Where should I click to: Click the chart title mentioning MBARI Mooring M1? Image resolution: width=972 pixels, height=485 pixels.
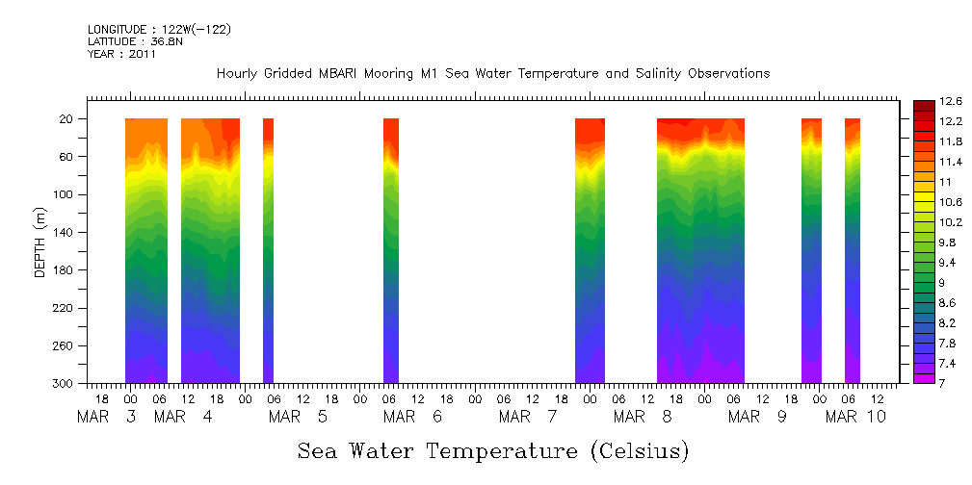[x=492, y=74]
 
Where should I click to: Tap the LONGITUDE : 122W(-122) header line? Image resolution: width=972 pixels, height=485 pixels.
[x=159, y=30]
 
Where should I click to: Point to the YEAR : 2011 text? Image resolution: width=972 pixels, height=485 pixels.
[x=121, y=54]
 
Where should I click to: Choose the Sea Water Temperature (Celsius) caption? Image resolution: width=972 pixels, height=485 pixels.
[x=493, y=450]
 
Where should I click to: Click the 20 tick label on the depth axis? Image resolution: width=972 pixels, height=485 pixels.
[x=67, y=119]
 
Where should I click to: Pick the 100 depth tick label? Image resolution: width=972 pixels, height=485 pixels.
[x=65, y=194]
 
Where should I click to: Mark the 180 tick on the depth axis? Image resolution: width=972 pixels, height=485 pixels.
[x=65, y=270]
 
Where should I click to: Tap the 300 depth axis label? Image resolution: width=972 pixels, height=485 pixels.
[x=65, y=384]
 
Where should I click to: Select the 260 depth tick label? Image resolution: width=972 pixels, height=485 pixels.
[x=65, y=346]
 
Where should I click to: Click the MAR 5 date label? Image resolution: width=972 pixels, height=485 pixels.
[x=299, y=417]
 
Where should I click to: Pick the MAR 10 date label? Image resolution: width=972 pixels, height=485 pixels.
[x=857, y=417]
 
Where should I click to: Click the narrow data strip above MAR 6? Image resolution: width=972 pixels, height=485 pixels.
[x=391, y=250]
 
